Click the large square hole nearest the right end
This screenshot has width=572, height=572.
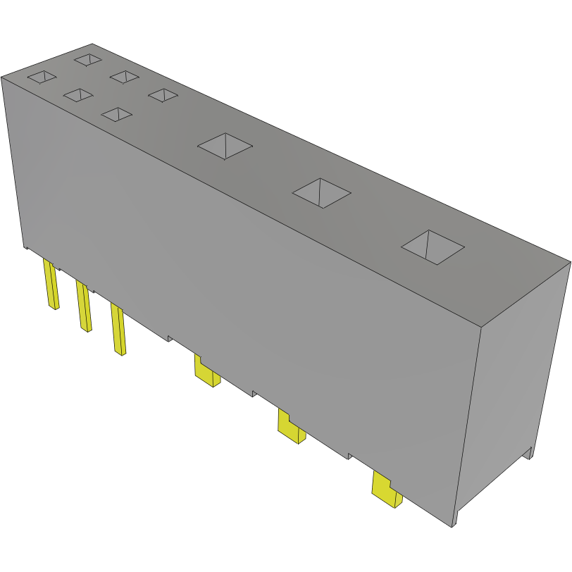433,247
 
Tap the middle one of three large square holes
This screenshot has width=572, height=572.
321,192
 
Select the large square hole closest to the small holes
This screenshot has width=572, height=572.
225,146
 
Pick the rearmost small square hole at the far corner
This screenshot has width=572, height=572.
88,60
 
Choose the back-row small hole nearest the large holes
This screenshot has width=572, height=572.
163,94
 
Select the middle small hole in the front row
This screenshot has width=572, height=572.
77,94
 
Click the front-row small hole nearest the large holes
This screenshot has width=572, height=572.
116,113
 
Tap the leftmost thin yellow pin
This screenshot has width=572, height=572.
51,285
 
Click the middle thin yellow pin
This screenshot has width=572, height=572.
84,306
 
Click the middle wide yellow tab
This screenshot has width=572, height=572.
290,427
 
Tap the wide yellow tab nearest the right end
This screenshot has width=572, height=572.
385,489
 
